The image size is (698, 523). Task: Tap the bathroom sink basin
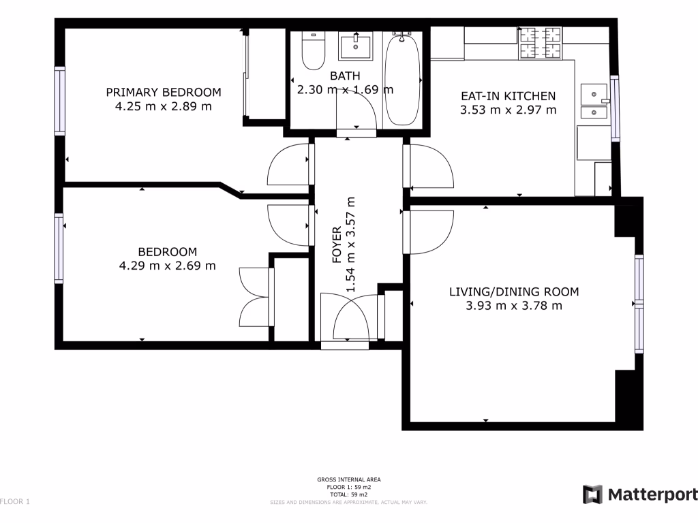pos(355,46)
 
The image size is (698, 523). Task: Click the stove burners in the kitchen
pos(541,43)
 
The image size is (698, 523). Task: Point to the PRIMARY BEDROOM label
pos(164,93)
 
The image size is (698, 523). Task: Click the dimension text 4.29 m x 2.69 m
pos(167,266)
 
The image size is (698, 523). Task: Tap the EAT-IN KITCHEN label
pos(509,96)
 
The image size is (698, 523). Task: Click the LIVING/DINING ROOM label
pos(514,292)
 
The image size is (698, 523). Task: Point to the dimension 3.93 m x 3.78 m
pos(514,306)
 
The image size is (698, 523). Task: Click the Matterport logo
pos(640,494)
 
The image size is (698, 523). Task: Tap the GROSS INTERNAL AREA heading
pos(349,479)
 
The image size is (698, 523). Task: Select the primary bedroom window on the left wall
pos(60,100)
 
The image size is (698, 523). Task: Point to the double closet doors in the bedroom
pos(256,297)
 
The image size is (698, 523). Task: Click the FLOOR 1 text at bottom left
pos(15,502)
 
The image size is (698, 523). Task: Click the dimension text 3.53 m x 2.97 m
pos(509,110)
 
